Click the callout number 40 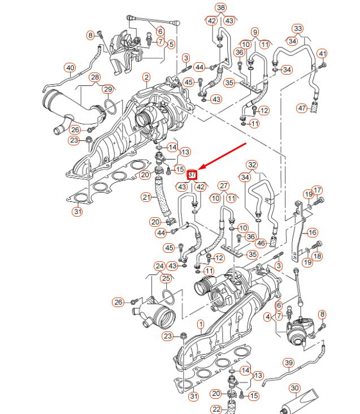pos(70,68)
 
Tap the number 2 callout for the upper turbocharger pos(146,77)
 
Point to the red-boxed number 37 pos(192,174)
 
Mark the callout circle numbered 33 pos(298,28)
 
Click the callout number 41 pos(322,54)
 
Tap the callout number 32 pos(252,165)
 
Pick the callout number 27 pos(224,186)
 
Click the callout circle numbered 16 pos(312,232)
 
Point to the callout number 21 pos(147,197)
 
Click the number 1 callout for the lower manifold pos(199,324)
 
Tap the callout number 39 pos(288,363)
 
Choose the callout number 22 pos(216,409)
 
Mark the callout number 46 pos(261,243)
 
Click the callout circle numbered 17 pos(317,190)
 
